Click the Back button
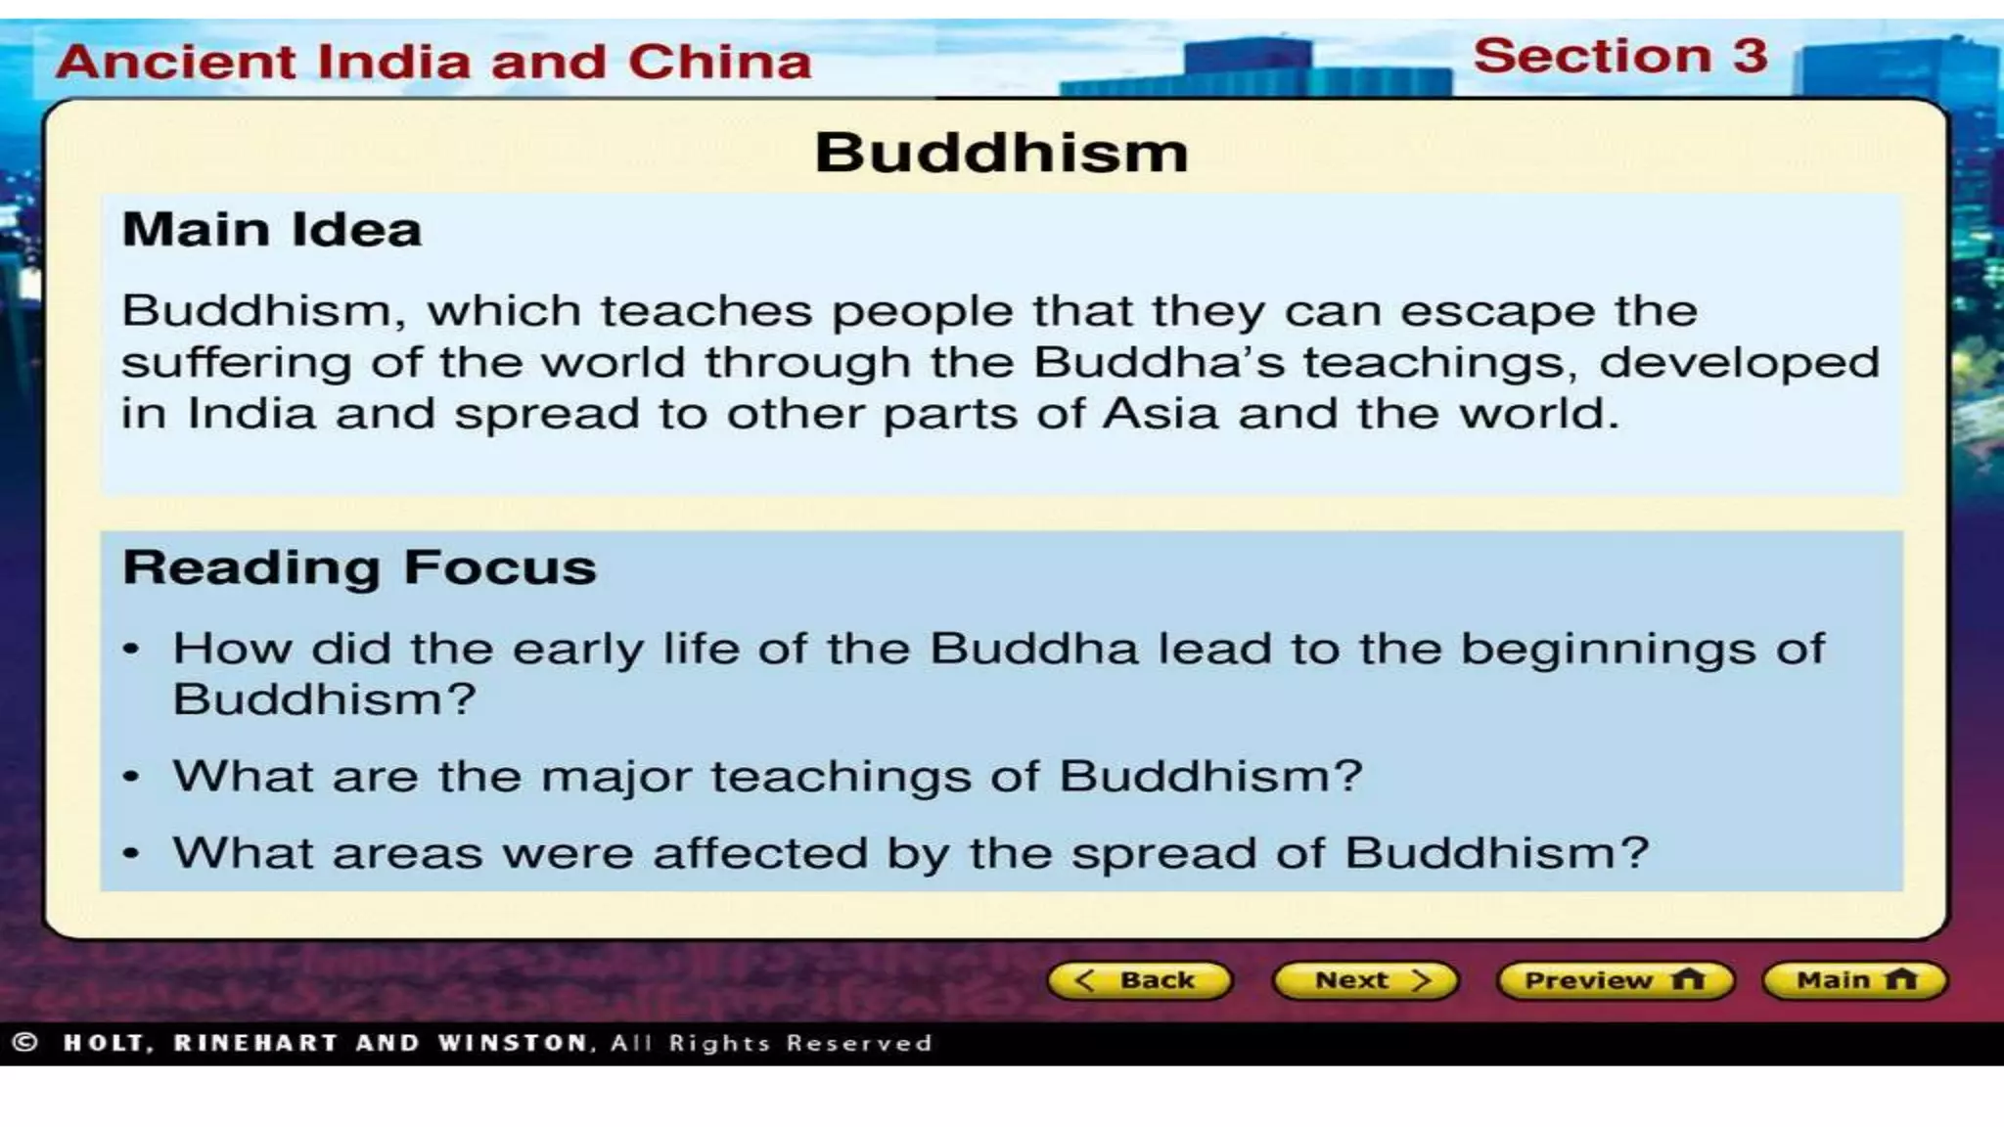tap(1139, 980)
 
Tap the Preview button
tap(1615, 980)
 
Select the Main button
tap(1854, 980)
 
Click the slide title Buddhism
tap(1001, 153)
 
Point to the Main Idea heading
tap(271, 230)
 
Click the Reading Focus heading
tap(359, 567)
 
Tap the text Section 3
tap(1619, 56)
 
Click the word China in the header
tap(719, 62)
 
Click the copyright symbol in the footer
tap(25, 1043)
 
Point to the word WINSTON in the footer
tap(513, 1043)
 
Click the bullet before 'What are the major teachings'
tap(132, 777)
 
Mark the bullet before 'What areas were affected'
tap(132, 854)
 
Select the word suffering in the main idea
tap(236, 363)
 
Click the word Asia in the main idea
tap(1161, 413)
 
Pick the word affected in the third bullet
tap(760, 853)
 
